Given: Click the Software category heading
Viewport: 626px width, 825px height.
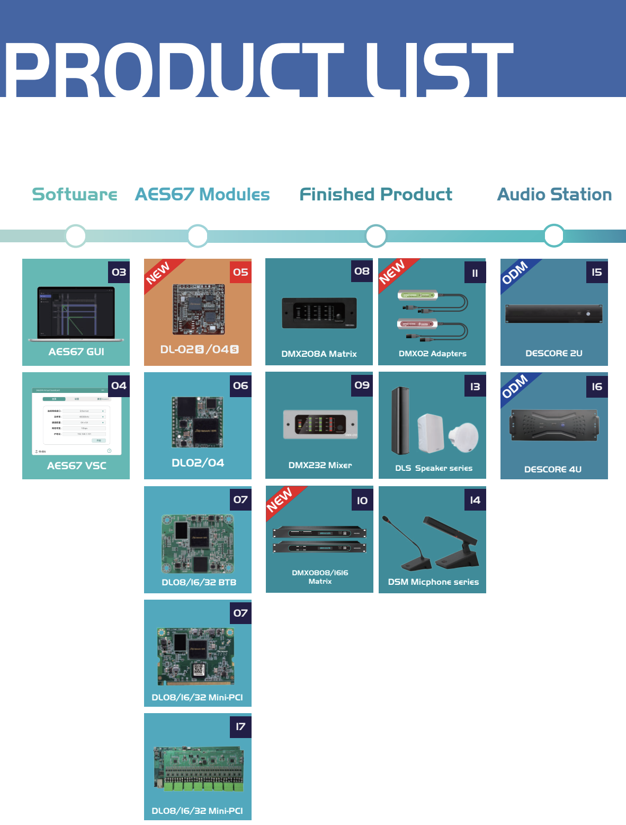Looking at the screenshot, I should tap(75, 195).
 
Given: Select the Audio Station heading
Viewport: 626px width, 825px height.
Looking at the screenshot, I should tap(554, 195).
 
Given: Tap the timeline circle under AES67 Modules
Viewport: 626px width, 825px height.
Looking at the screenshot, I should tap(198, 235).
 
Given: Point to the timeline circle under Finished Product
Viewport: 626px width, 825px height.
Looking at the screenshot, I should tap(376, 235).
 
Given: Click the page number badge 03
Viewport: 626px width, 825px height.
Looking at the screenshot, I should tap(119, 273).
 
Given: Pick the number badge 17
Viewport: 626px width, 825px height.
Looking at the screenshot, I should tap(240, 726).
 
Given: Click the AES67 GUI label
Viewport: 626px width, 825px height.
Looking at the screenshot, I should tap(76, 352).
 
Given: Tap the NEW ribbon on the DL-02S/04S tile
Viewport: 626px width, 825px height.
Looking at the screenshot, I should tap(158, 273).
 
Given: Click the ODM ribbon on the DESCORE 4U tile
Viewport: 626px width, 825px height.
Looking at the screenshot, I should tap(515, 386).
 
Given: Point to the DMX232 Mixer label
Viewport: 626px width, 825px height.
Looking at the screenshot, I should tap(320, 465).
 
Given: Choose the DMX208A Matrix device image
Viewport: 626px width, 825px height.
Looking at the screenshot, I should tap(319, 313).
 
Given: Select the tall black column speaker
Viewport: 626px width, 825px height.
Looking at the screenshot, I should tap(400, 421).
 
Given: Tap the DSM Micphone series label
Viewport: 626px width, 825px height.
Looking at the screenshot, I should tap(433, 582).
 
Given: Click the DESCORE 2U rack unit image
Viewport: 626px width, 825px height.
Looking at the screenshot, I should tap(554, 314).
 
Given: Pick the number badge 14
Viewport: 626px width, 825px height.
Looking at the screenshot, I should tap(475, 500).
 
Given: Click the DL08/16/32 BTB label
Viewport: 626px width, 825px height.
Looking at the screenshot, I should tap(199, 582).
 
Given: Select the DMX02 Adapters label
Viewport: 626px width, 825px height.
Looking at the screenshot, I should tap(432, 354).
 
